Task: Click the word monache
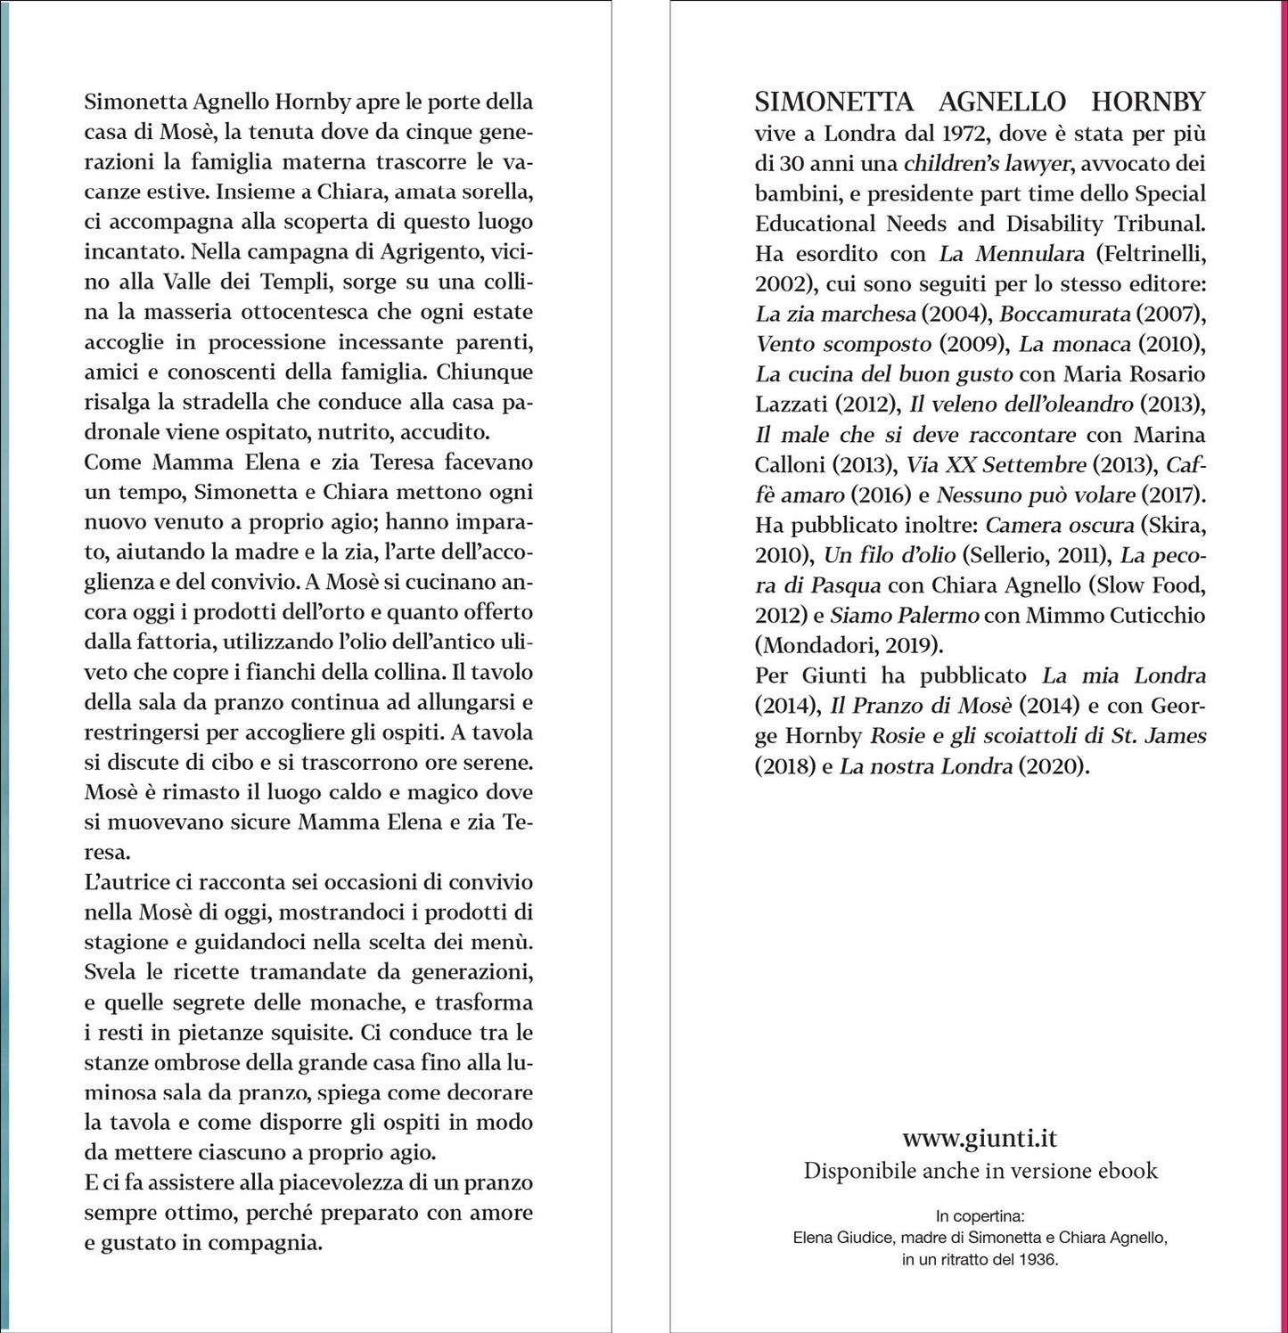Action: click(x=346, y=1002)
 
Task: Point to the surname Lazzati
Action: click(x=792, y=405)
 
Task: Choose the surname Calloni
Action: click(x=790, y=464)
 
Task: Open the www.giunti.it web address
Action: click(x=980, y=1138)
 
